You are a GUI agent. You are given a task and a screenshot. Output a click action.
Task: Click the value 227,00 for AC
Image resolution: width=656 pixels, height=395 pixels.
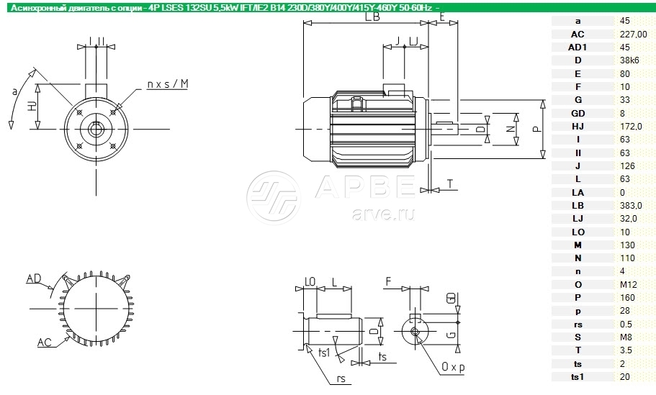[x=634, y=35]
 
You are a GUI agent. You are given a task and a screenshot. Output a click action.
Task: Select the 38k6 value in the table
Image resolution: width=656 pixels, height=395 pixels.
[x=629, y=60]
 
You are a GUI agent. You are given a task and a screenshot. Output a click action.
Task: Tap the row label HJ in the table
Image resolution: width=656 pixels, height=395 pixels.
[x=578, y=126]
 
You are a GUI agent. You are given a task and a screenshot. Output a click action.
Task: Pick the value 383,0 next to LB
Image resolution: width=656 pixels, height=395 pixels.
[x=631, y=206]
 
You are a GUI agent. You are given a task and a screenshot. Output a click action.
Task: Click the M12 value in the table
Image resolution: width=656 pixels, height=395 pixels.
[x=629, y=285]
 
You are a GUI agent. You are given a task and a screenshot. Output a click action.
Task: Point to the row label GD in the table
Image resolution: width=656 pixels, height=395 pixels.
[x=578, y=113]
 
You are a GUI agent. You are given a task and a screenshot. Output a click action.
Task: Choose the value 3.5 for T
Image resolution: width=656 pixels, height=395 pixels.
[x=626, y=350]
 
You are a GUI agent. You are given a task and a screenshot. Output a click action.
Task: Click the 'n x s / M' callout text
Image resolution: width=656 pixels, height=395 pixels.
[x=168, y=84]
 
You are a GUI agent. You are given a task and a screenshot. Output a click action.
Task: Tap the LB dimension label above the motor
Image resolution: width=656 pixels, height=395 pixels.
[x=372, y=17]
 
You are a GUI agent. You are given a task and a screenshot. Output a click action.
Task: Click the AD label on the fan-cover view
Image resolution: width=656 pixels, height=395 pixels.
[x=34, y=278]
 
